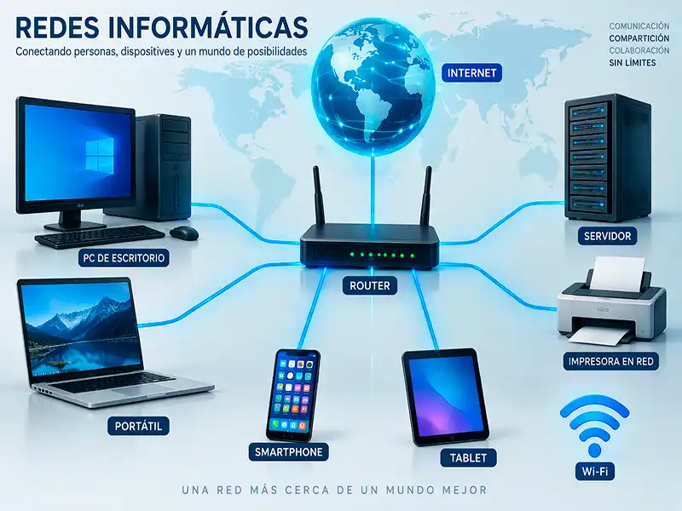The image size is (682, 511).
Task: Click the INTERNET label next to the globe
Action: pos(471,72)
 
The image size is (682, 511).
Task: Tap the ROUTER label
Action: pos(370,285)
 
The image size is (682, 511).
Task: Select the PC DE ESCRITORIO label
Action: pos(124,258)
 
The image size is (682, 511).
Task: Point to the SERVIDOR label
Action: pos(607,236)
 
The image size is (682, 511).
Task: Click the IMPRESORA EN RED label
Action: pos(610,361)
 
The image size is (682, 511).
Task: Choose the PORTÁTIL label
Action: pos(138,426)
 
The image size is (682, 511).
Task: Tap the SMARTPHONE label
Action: pos(288,452)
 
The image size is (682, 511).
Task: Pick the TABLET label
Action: pos(468,457)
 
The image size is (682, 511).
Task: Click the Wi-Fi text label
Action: pos(594,471)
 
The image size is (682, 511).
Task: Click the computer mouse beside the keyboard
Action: pos(184,233)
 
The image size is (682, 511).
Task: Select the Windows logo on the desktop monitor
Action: pos(100,154)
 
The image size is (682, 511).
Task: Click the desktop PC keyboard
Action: pos(100,237)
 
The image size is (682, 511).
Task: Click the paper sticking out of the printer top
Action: pos(619,273)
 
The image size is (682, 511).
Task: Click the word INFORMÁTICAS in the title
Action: pos(208,27)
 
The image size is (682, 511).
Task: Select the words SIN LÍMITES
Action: pos(633,63)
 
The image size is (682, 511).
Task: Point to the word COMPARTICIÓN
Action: pos(639,38)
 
